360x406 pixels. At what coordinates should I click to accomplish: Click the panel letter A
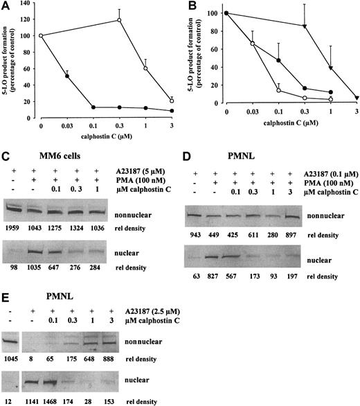coord(6,6)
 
